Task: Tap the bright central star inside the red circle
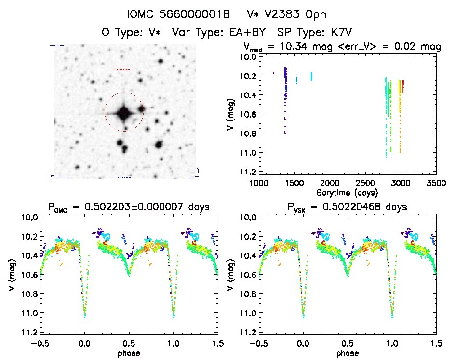pyautogui.click(x=124, y=112)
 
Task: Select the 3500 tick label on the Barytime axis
pyautogui.click(x=436, y=183)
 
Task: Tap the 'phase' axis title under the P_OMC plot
pyautogui.click(x=129, y=353)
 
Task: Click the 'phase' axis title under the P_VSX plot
pyautogui.click(x=348, y=353)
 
